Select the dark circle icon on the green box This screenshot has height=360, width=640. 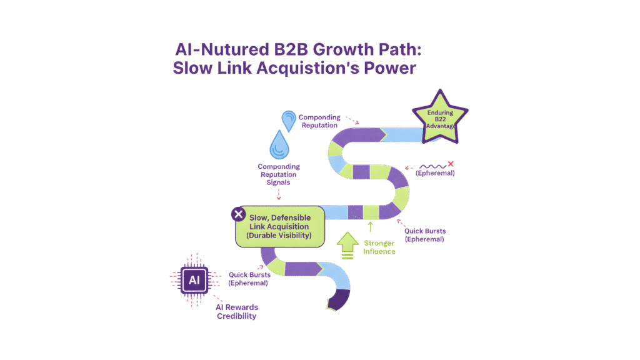pyautogui.click(x=238, y=214)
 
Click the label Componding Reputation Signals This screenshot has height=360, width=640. pyautogui.click(x=279, y=176)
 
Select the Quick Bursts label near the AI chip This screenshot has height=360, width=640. pyautogui.click(x=248, y=278)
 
